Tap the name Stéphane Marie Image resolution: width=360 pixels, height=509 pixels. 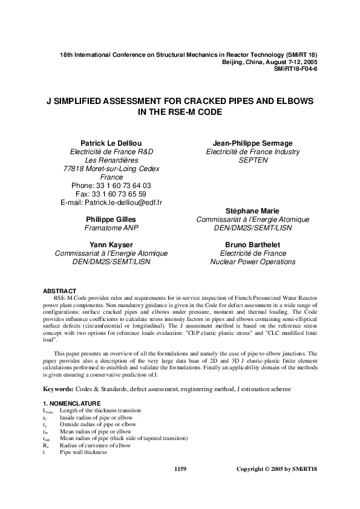point(252,210)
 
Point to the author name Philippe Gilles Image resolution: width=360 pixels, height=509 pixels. point(111,219)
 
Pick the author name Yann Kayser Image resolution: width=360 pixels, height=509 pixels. point(111,244)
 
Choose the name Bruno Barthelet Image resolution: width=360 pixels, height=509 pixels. point(252,244)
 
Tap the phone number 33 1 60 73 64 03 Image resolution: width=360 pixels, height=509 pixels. point(122,185)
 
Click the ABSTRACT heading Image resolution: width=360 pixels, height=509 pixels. point(59,291)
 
